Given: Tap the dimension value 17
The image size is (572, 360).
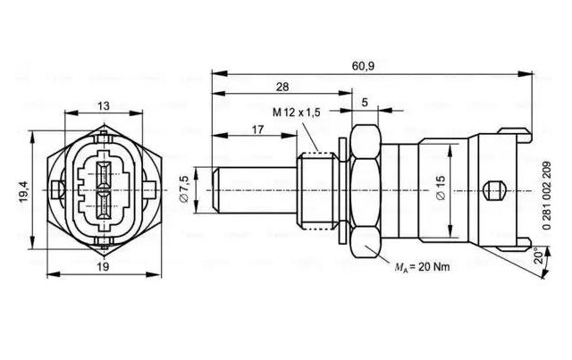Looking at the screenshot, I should point(257,130).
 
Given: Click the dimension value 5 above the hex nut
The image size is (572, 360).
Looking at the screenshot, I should point(365,103).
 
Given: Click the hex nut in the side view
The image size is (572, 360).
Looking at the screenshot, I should point(365,190).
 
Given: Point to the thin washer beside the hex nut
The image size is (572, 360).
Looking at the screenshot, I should point(341,190).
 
